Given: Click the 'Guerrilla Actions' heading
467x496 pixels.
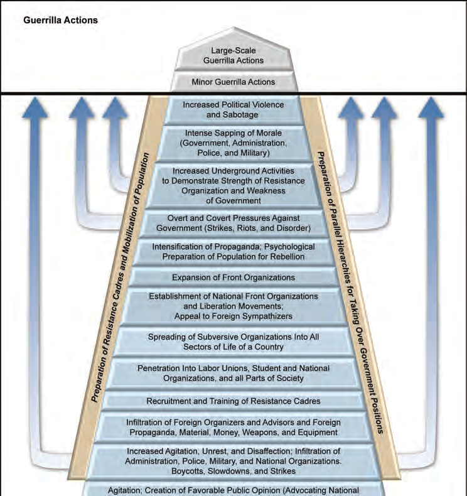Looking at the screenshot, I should click(x=60, y=20).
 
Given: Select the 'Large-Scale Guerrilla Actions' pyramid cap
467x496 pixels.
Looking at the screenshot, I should click(x=233, y=55).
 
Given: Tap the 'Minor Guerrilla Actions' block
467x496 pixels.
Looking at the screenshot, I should click(x=233, y=82).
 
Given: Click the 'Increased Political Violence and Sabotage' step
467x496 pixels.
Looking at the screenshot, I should click(x=233, y=110).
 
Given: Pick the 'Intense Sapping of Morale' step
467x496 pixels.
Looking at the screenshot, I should click(x=233, y=143).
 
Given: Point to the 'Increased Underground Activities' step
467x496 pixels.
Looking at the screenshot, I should click(x=233, y=186).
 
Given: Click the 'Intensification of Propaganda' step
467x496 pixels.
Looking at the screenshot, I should click(x=233, y=252).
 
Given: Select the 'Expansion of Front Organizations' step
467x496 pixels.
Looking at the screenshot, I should click(x=233, y=277).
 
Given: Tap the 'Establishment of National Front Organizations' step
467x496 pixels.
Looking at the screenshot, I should click(x=233, y=306).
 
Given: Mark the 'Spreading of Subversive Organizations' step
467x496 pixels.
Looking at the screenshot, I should click(x=233, y=342).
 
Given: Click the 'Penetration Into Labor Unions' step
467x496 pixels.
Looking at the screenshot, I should click(x=233, y=373).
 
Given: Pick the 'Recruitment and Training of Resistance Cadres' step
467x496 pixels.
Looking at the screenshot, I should click(x=233, y=401).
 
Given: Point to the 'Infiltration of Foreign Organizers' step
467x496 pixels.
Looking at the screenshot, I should click(x=233, y=427).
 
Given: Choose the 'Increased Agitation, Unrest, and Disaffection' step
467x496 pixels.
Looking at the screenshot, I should click(x=233, y=461).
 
